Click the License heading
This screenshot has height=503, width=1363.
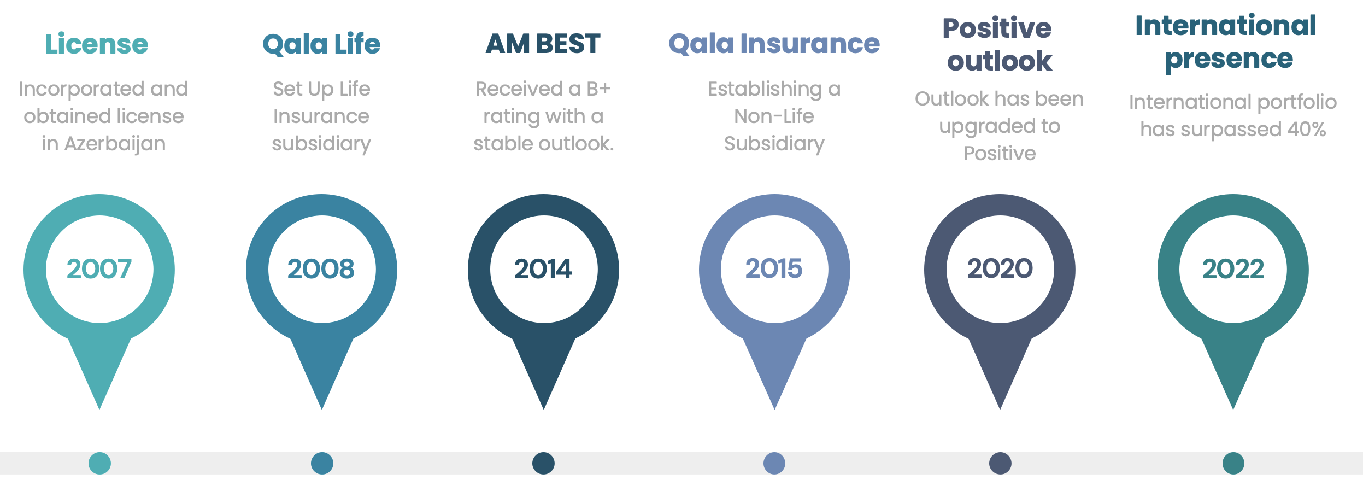click(97, 44)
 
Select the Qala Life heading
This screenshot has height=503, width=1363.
click(321, 44)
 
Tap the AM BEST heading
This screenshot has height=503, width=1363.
click(543, 44)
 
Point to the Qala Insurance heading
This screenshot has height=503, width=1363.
click(774, 44)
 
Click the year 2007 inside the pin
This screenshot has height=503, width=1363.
click(99, 269)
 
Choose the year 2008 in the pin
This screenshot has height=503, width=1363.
click(321, 269)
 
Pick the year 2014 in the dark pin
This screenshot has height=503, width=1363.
click(543, 269)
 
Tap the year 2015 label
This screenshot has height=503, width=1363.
click(774, 269)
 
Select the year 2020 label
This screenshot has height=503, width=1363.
click(1000, 269)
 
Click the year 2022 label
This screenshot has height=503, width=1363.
click(1233, 269)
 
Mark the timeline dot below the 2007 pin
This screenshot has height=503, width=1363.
click(99, 463)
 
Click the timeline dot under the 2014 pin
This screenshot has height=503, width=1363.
click(543, 463)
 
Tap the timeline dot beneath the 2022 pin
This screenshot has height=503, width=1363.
click(1233, 463)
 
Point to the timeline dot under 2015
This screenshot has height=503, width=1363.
click(774, 463)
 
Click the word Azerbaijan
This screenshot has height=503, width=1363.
click(115, 144)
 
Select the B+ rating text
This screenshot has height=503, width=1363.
click(598, 89)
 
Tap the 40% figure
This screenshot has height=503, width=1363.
click(1307, 130)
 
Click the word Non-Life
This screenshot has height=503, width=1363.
click(774, 116)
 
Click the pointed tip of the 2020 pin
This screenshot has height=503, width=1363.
click(1000, 409)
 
